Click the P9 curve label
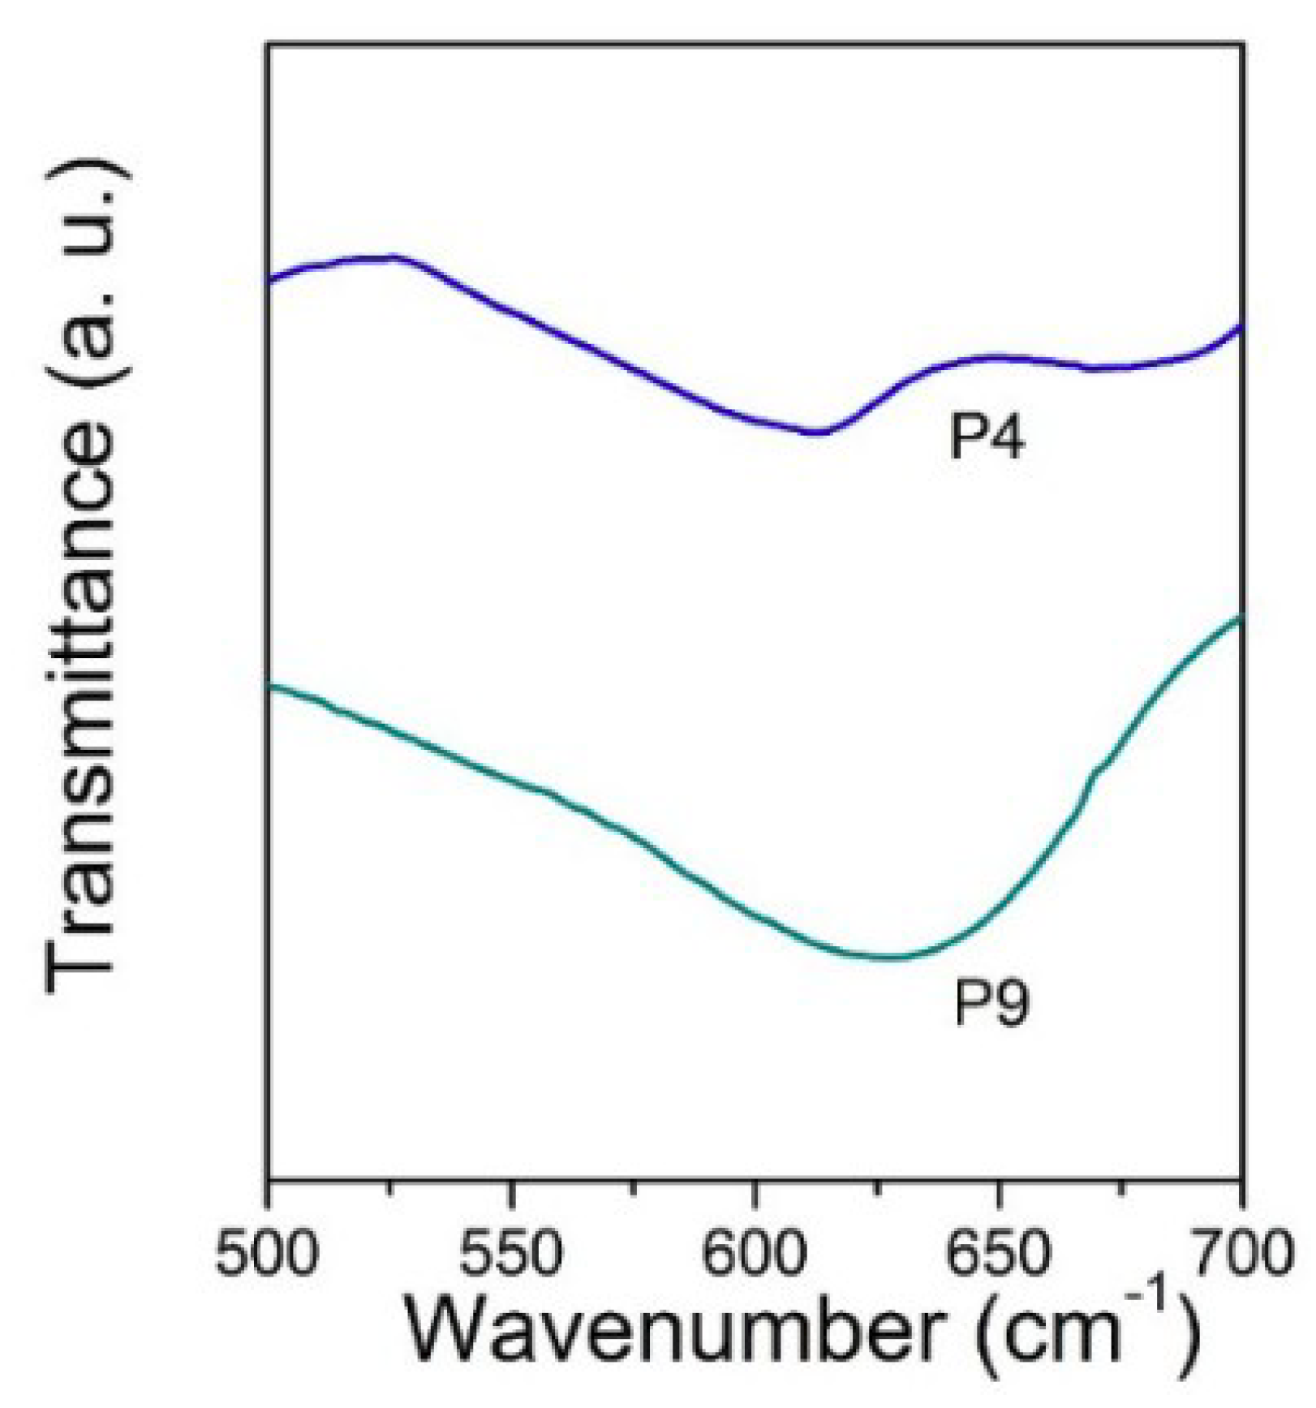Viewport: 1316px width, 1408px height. [x=990, y=1003]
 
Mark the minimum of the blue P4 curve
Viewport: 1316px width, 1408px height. [x=815, y=433]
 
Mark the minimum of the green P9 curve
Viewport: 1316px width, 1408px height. [x=888, y=958]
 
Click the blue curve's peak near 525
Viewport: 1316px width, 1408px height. [x=394, y=257]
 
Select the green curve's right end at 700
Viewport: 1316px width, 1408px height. [x=1241, y=618]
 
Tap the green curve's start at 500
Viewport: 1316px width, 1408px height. [x=270, y=687]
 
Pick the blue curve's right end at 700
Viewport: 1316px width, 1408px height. [x=1241, y=327]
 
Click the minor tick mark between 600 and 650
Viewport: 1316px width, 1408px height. [x=877, y=1187]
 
